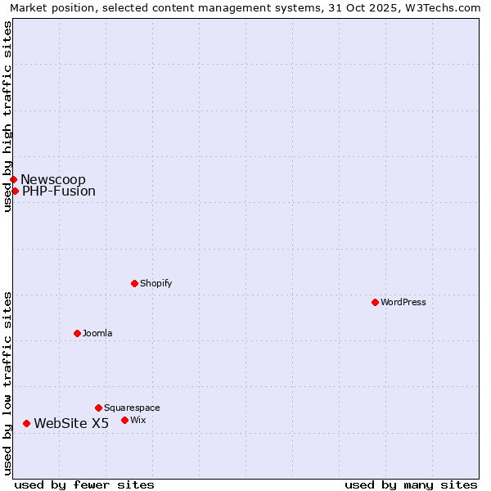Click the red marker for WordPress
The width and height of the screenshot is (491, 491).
375,302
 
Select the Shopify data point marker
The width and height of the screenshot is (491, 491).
134,283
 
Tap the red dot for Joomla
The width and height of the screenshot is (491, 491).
77,333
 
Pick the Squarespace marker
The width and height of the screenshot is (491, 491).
98,408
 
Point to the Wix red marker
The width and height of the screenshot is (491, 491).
124,420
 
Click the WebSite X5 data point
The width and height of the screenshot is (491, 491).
26,423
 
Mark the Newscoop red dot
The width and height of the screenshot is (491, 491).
13,179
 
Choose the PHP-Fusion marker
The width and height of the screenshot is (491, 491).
15,191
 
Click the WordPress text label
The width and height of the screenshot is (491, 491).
403,302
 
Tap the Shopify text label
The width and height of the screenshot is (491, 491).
155,283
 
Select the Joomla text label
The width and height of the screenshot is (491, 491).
97,333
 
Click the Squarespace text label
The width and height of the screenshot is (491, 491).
132,408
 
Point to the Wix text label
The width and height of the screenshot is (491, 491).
138,420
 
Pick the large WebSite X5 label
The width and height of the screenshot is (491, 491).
71,423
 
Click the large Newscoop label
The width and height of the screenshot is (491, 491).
53,179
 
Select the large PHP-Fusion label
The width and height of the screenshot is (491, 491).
59,191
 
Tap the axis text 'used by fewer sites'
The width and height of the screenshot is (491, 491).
84,484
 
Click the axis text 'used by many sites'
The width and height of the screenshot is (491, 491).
411,484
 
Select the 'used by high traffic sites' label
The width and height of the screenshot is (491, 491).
7,116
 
